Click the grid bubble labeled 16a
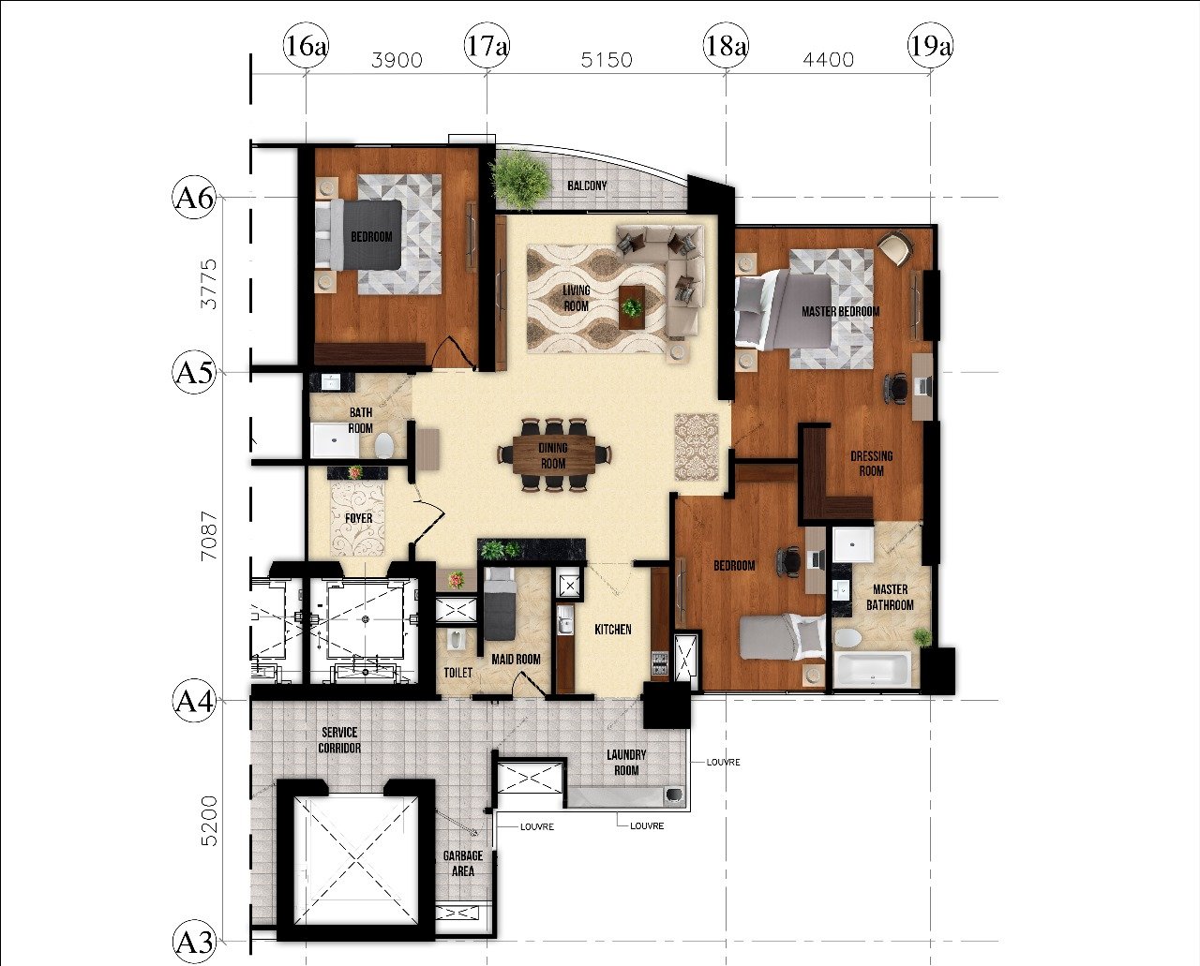(x=306, y=45)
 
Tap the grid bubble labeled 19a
(x=930, y=45)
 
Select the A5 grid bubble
(x=193, y=372)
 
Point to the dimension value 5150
(x=607, y=60)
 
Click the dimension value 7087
(x=209, y=536)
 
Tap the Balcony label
(x=587, y=186)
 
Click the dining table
(x=554, y=454)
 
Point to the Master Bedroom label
(x=840, y=312)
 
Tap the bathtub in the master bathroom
(x=872, y=672)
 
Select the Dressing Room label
(x=871, y=464)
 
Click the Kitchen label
(x=613, y=630)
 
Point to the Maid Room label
(x=516, y=660)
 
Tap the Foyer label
(x=358, y=518)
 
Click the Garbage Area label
(x=463, y=864)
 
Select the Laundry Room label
(x=626, y=763)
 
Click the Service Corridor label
(x=339, y=740)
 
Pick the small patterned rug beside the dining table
(x=697, y=447)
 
